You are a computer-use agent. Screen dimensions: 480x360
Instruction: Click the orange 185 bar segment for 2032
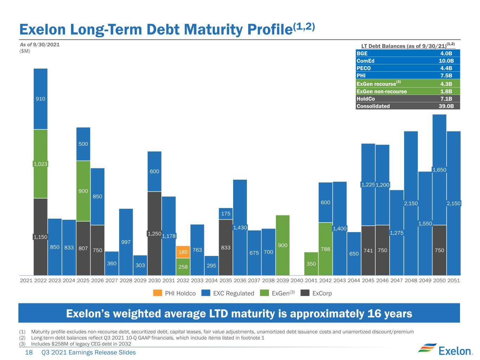click(183, 252)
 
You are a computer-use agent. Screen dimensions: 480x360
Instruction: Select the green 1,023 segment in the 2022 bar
click(40, 164)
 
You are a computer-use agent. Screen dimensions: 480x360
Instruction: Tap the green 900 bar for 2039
click(282, 245)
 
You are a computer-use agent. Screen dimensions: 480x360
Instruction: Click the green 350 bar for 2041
click(311, 264)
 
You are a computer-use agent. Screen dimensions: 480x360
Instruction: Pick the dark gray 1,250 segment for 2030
click(154, 233)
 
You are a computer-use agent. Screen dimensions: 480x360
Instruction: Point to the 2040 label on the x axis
click(297, 281)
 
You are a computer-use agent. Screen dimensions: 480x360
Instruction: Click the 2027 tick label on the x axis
click(111, 281)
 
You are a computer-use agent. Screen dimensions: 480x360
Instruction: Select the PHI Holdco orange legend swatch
click(158, 293)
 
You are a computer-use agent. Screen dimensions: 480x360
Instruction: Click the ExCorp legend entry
click(316, 293)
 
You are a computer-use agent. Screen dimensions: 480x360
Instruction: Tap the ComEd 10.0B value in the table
click(446, 61)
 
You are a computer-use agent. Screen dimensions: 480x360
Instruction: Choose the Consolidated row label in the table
click(373, 106)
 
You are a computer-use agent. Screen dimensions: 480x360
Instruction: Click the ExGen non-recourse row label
click(382, 91)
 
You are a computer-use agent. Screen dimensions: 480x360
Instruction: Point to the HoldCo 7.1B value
click(446, 98)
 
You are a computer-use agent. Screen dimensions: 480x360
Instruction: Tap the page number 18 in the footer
click(29, 352)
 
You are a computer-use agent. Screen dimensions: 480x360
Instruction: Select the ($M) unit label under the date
click(25, 51)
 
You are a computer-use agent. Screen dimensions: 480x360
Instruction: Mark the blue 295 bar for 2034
click(211, 265)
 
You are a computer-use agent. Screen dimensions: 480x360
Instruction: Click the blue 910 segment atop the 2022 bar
click(40, 99)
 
